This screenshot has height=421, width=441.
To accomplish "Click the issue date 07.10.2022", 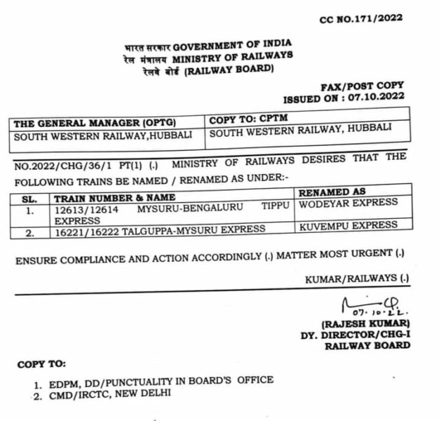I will [379, 100].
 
